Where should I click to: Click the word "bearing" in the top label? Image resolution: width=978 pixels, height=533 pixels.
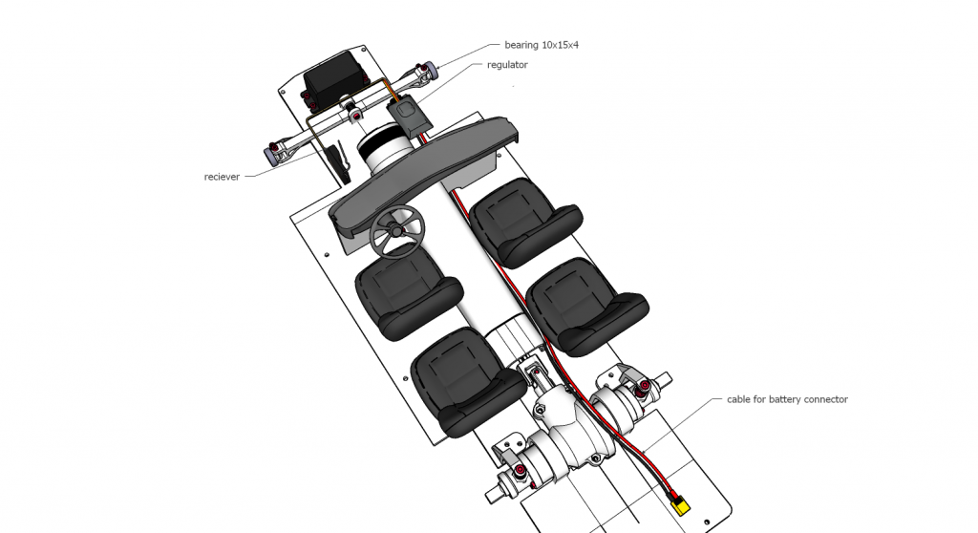[521, 45]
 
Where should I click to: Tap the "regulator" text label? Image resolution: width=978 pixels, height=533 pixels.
[507, 65]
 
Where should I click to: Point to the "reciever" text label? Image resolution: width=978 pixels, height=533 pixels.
[222, 177]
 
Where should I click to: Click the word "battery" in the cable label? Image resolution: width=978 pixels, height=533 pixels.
[784, 399]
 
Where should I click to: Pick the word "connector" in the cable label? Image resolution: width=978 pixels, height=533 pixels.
[826, 399]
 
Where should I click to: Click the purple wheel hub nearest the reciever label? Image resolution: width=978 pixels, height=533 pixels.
[272, 153]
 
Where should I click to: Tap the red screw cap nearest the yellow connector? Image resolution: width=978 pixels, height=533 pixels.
[645, 386]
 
